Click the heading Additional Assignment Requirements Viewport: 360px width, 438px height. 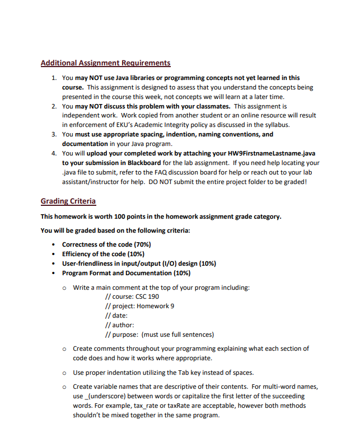[106, 63]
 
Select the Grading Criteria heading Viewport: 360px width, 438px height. [68, 201]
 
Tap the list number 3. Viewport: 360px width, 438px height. [53, 134]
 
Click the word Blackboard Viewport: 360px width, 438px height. [144, 163]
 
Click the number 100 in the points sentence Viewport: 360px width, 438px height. [113, 216]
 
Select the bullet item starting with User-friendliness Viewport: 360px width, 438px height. [139, 263]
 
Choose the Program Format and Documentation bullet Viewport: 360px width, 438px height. [126, 273]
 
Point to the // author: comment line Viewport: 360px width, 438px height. [119, 325]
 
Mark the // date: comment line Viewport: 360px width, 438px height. [116, 315]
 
